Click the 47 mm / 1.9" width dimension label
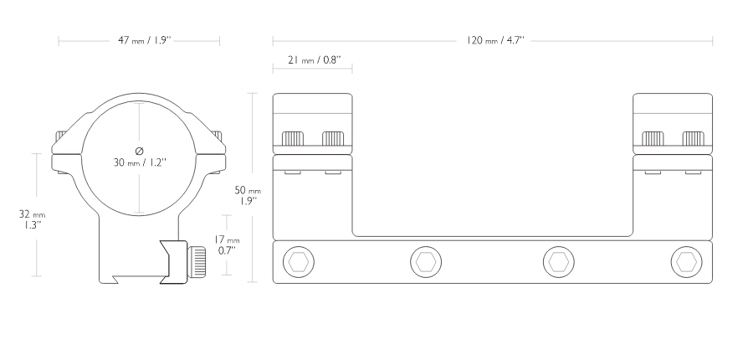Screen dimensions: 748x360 coord(145,40)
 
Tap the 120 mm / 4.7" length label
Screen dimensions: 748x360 coord(495,40)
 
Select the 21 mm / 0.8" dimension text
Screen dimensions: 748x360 coord(315,60)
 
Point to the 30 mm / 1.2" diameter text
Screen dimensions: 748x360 coord(139,162)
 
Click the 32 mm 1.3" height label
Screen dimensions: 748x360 coord(32,219)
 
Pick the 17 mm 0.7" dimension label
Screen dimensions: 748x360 coord(227,245)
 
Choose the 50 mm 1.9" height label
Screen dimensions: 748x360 coord(248,195)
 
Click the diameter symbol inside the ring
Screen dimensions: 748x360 coord(139,151)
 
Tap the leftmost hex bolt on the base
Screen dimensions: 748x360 coord(299,262)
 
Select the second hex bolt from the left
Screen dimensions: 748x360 coord(426,262)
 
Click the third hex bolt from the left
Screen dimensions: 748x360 coord(559,262)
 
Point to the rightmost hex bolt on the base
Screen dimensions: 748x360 coord(686,262)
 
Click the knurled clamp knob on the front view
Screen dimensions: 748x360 coord(197,262)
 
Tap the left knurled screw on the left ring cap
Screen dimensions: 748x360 coord(293,138)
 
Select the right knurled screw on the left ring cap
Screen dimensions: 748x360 coord(333,138)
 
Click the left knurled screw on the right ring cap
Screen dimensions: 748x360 coord(653,138)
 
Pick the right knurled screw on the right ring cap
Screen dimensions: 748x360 coord(693,138)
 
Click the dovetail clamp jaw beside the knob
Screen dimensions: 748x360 coord(175,262)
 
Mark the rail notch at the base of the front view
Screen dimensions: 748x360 coord(115,280)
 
